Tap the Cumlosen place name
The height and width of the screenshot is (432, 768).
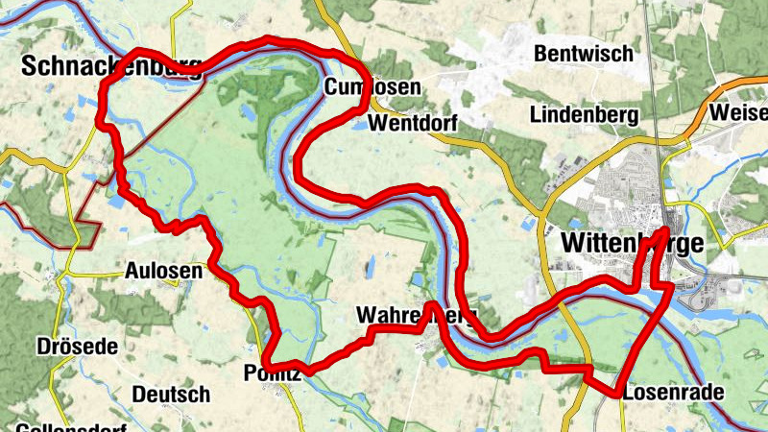click(x=372, y=88)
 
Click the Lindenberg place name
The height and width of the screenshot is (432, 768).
click(x=584, y=114)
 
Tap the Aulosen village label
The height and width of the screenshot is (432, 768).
click(x=163, y=272)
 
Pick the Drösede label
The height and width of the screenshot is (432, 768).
click(x=76, y=346)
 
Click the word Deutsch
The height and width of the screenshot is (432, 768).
click(x=170, y=394)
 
